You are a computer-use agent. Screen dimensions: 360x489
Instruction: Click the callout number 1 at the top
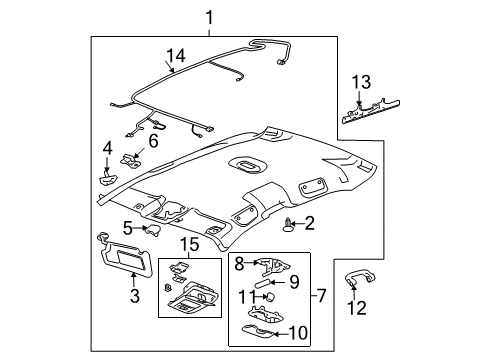[x=209, y=16]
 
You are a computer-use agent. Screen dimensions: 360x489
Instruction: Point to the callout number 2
[x=311, y=223]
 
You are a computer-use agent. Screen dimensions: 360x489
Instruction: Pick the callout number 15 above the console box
[x=187, y=245]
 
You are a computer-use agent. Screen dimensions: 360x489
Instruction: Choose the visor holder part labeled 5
[x=153, y=231]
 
